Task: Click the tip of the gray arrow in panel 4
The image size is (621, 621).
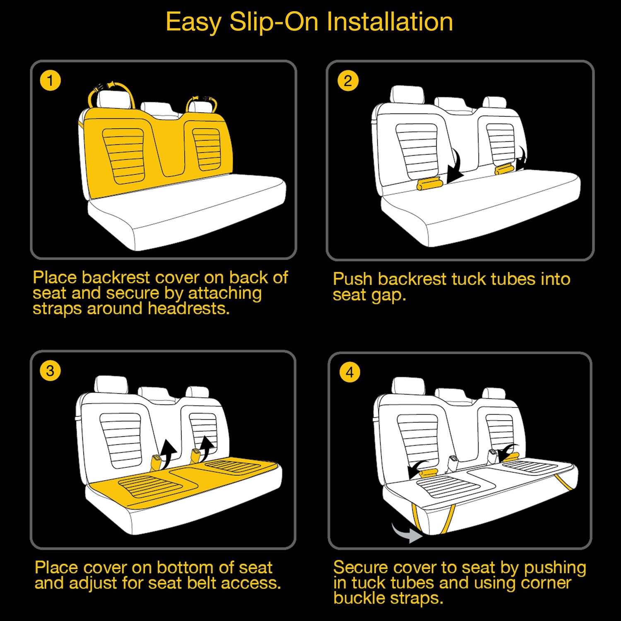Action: (x=422, y=537)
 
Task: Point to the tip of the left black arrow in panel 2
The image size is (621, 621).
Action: (x=448, y=182)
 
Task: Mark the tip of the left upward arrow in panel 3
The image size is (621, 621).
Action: (x=168, y=440)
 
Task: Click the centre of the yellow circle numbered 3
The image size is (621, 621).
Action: (x=50, y=371)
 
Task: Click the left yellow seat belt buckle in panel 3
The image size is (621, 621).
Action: (x=157, y=462)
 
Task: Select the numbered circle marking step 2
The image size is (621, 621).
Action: (x=348, y=81)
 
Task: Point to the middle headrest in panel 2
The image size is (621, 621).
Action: (x=454, y=105)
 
